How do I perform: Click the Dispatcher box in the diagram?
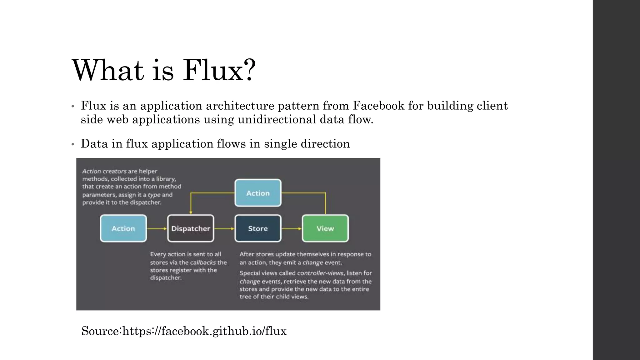coord(191,228)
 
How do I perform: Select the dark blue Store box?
coord(258,228)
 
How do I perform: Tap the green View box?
coord(325,228)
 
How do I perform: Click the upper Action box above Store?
coord(258,193)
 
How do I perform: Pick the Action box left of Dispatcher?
coord(123,228)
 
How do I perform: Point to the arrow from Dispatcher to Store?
coord(224,228)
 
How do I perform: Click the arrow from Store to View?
coord(292,228)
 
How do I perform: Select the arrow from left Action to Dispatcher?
coord(157,228)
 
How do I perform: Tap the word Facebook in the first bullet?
coord(378,106)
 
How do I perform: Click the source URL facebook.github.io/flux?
coord(204,331)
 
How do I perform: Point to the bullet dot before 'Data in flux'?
coord(72,144)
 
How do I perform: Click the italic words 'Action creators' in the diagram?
coord(104,171)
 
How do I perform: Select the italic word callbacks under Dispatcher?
coord(203,262)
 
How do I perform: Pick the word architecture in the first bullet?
coord(240,106)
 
